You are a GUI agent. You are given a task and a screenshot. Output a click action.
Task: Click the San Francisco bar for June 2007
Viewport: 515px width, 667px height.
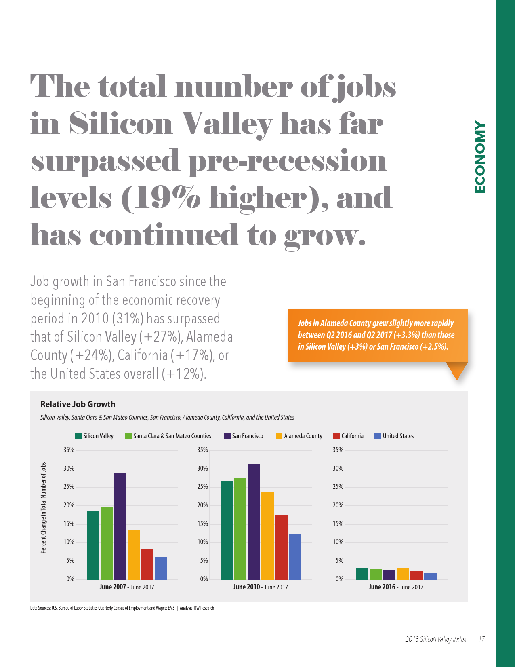120,526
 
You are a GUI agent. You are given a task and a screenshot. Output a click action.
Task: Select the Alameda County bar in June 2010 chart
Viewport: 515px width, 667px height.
267,536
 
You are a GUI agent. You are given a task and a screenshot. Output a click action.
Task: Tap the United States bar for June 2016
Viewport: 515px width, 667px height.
430,576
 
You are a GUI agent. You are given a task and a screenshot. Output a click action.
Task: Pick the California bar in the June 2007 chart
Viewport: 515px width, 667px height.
147,564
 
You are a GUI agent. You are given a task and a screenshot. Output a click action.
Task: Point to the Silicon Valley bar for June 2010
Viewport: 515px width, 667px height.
227,530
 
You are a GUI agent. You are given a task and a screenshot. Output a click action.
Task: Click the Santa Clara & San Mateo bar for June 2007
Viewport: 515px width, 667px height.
107,543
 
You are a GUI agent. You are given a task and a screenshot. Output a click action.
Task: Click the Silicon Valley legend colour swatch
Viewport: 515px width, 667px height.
78,436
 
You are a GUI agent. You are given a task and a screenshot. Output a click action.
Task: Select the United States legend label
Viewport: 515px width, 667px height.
398,436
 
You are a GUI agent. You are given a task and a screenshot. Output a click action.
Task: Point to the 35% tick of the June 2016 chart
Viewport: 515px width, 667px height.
338,450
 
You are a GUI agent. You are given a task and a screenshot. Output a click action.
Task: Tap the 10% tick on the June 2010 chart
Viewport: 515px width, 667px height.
203,542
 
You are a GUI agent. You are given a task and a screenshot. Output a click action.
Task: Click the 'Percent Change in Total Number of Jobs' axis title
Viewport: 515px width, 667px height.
44,508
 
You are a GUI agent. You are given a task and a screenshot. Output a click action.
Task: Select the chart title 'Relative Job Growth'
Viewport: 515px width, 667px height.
78,404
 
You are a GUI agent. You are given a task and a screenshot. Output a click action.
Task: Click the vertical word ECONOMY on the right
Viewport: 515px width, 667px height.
479,157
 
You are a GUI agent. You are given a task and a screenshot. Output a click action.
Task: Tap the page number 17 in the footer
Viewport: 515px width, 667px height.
481,639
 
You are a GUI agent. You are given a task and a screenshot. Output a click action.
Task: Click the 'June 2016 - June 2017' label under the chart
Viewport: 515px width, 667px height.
396,587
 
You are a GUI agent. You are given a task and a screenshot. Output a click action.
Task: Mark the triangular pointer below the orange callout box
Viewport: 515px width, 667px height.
457,370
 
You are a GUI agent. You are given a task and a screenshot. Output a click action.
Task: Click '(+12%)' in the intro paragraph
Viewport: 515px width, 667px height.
184,374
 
